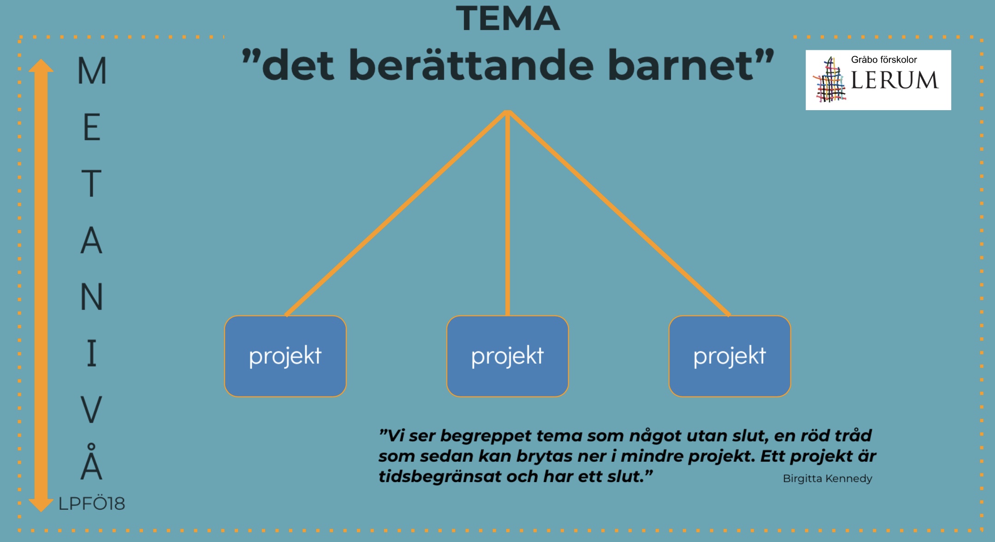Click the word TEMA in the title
[508, 18]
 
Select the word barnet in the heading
[681, 65]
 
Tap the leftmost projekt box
[285, 356]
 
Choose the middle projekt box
[508, 356]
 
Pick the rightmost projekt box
[730, 356]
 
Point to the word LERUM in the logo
[894, 80]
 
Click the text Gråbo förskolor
[884, 59]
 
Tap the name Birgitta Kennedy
[828, 478]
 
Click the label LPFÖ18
[92, 504]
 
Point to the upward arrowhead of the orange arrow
[41, 65]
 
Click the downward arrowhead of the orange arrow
[41, 505]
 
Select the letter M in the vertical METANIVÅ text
[92, 71]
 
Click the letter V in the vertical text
[91, 409]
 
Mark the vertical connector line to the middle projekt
[508, 213]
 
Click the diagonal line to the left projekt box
[396, 213]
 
